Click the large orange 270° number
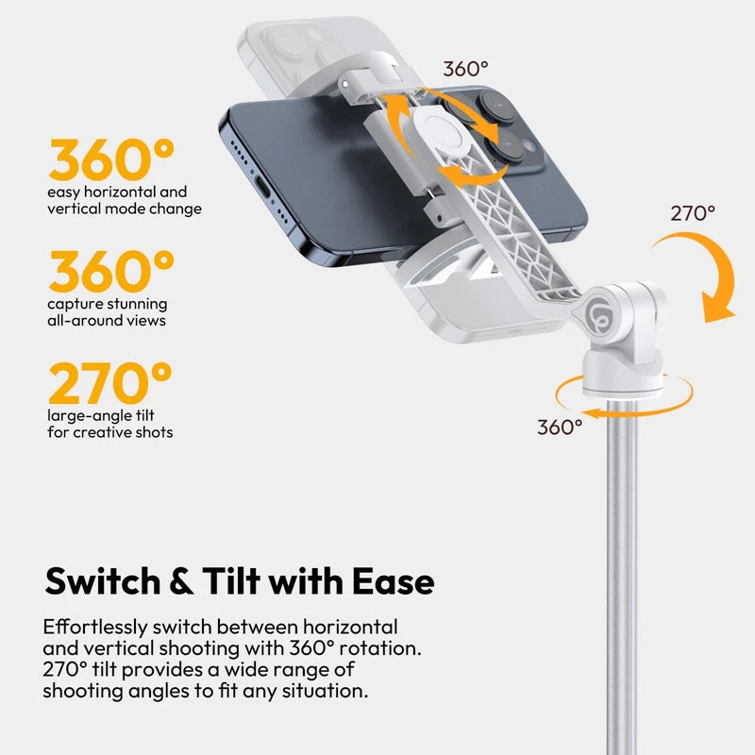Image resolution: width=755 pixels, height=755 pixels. point(110,384)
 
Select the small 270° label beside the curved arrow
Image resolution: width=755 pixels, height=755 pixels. point(693,213)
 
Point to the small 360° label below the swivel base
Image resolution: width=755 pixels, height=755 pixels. point(560,427)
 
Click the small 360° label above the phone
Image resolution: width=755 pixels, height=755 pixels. point(466,68)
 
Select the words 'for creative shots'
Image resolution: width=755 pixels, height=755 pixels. point(109,432)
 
